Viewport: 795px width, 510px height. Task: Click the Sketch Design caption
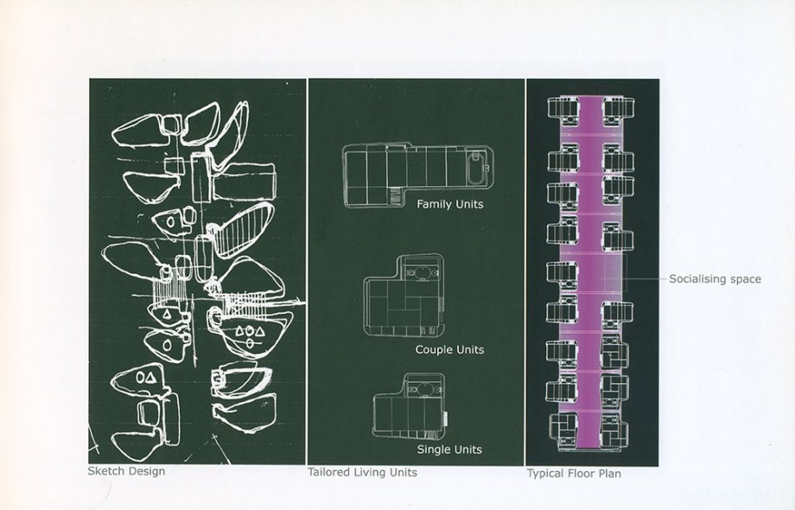click(126, 472)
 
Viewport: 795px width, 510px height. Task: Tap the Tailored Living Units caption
click(362, 473)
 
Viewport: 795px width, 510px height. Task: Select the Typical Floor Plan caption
click(574, 474)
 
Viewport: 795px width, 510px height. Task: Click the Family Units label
click(449, 205)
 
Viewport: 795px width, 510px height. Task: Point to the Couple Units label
click(449, 350)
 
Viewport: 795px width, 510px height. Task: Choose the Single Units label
click(449, 449)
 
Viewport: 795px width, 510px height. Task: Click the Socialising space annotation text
click(715, 279)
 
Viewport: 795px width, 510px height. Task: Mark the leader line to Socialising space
click(643, 279)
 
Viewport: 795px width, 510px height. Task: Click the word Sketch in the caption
click(105, 472)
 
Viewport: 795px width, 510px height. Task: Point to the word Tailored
click(328, 473)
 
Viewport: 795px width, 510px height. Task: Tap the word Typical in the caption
click(545, 474)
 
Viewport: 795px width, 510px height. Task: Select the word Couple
click(435, 350)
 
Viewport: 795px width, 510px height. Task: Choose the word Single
click(433, 449)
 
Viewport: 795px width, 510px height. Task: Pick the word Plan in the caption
click(608, 474)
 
